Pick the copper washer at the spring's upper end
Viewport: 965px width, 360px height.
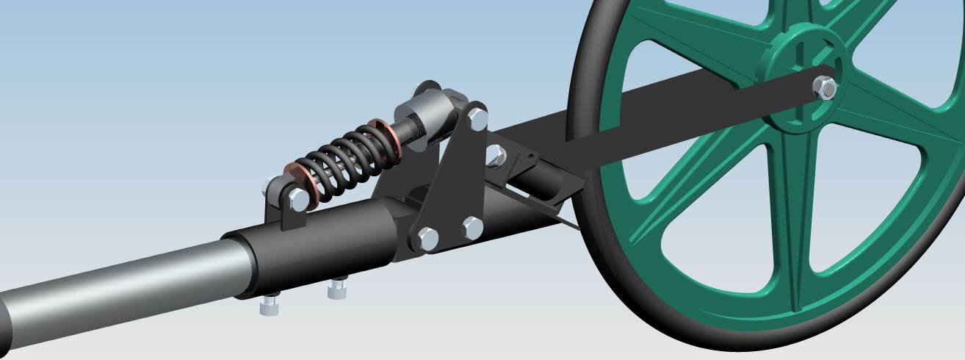click(383, 137)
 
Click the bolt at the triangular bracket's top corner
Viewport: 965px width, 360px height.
click(477, 116)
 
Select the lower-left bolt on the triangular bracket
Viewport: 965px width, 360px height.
click(427, 237)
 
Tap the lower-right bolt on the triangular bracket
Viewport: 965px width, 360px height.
click(473, 227)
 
